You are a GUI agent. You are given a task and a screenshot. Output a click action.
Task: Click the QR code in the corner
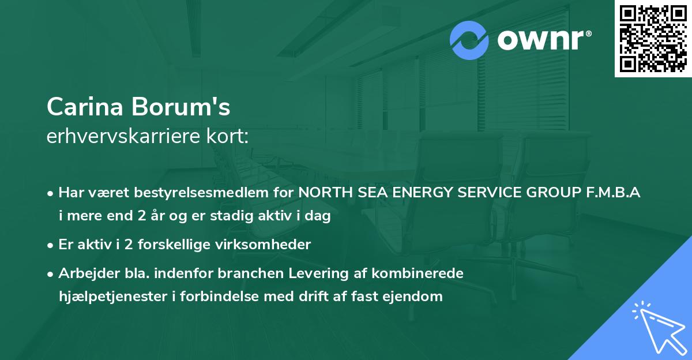pyautogui.click(x=653, y=38)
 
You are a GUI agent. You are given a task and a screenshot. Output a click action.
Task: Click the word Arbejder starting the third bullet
pyautogui.click(x=84, y=273)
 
